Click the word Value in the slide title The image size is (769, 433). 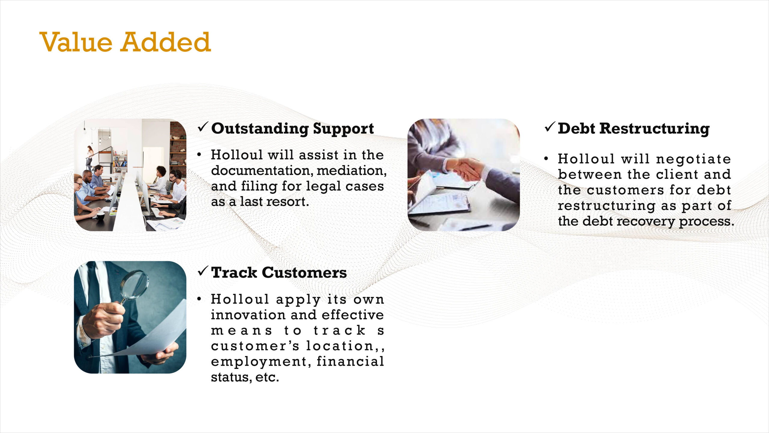[76, 42]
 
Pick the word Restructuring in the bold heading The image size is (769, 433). [656, 129]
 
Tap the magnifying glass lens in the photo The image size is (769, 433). [134, 284]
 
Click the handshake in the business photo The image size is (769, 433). [467, 169]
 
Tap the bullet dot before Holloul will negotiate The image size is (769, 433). [546, 158]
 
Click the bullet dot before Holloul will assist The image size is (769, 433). [199, 155]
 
